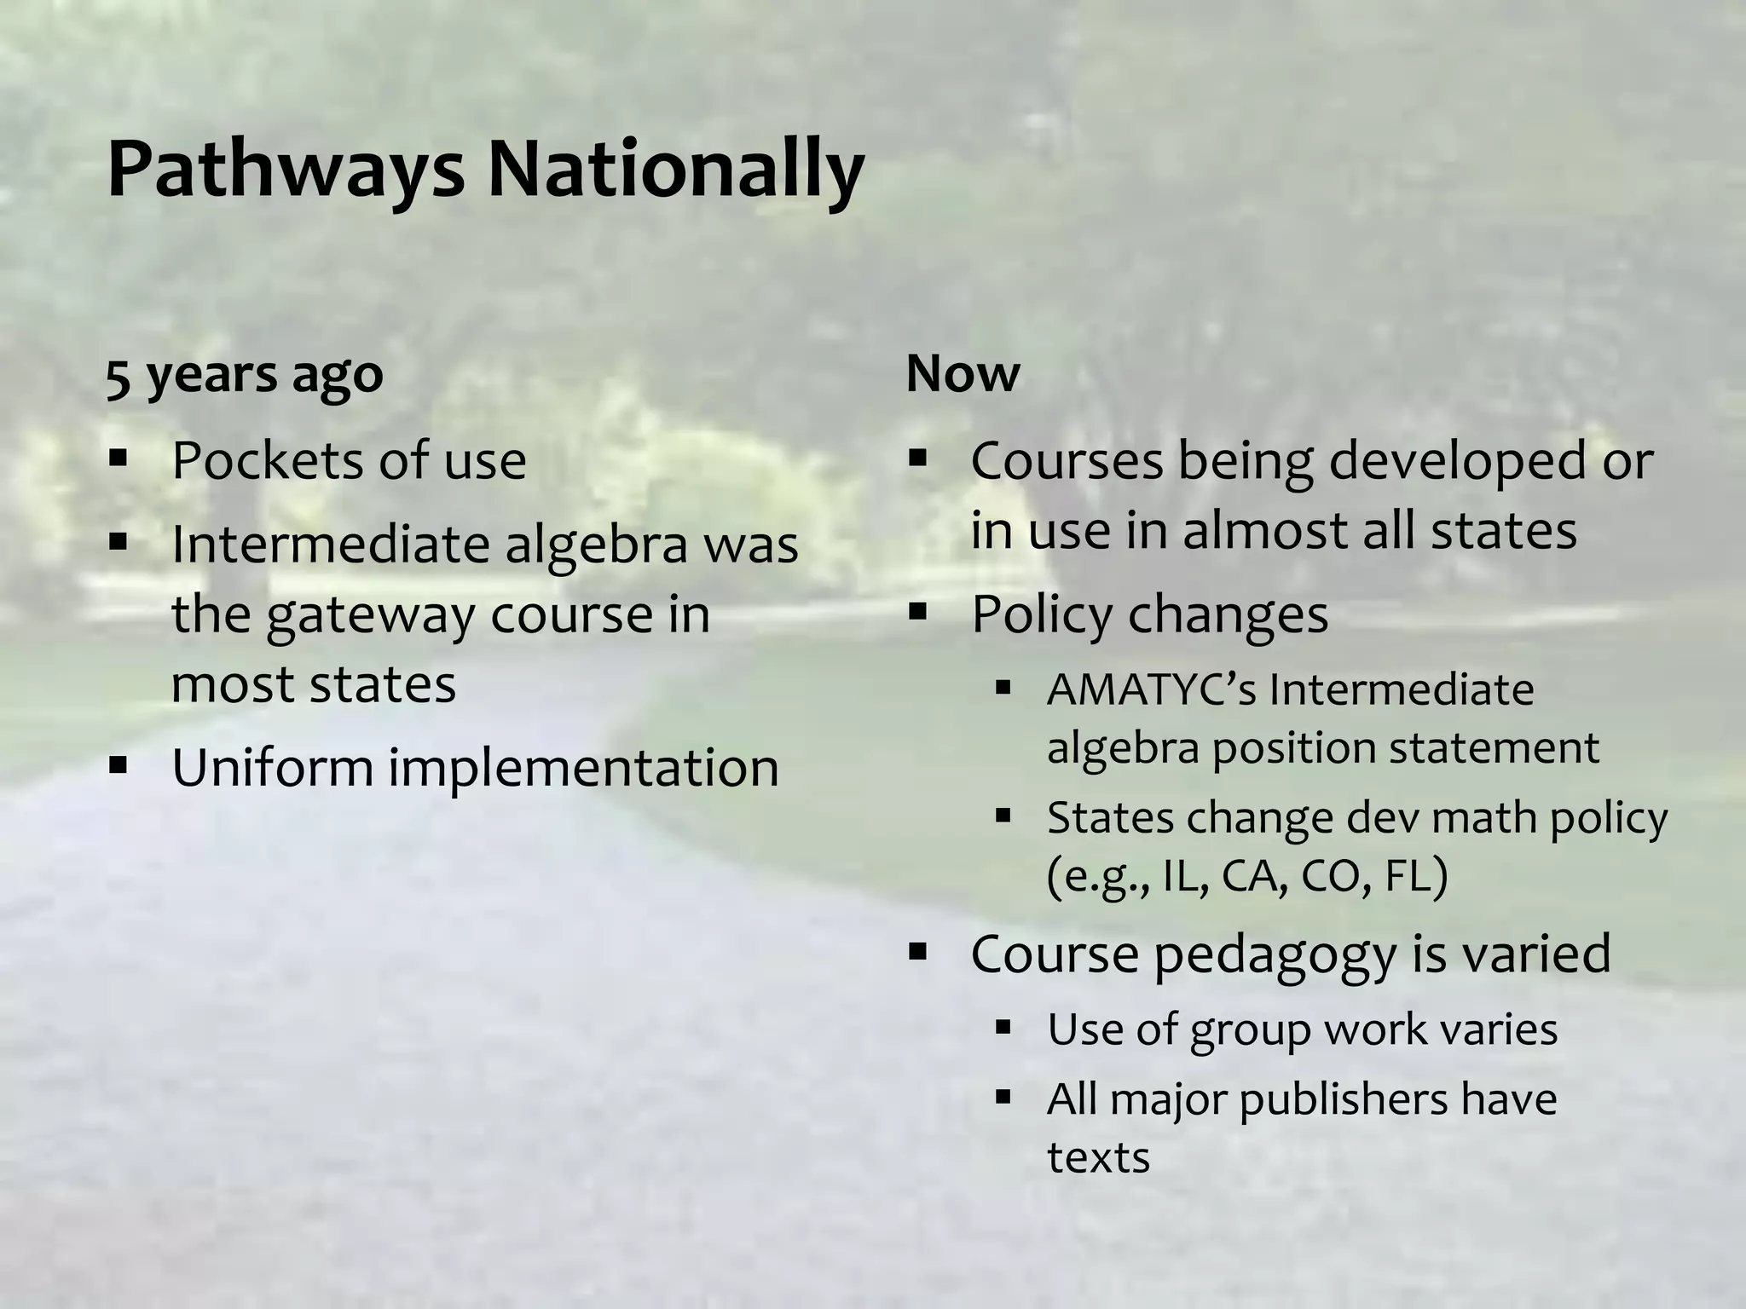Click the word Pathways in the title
[x=286, y=170]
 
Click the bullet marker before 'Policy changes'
[x=917, y=611]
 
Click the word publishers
[x=1343, y=1099]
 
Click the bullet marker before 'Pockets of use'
[x=118, y=459]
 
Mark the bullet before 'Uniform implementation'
[x=118, y=764]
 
